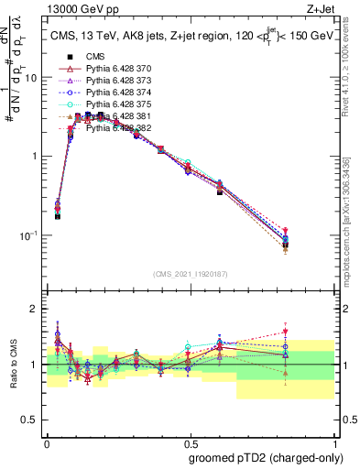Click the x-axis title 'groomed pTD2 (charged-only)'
point(266,457)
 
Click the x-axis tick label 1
point(333,441)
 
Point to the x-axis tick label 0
point(47,441)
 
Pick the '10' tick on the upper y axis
point(32,78)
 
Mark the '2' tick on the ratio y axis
point(37,309)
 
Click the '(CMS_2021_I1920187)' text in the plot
point(190,274)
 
